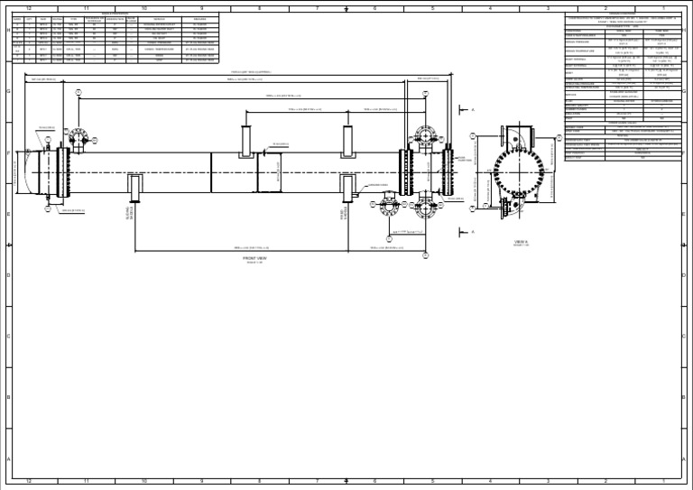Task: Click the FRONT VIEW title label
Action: point(255,257)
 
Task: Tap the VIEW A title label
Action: point(522,241)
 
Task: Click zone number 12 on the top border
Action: point(29,8)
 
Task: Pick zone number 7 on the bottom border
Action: point(318,481)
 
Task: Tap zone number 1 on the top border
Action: point(663,8)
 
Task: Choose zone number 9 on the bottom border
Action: point(202,481)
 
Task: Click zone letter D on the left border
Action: point(8,274)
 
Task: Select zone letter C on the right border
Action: point(685,336)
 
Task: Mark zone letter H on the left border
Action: point(8,30)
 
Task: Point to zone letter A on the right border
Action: point(685,458)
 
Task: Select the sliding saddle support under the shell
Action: point(135,188)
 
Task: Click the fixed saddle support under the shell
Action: point(347,188)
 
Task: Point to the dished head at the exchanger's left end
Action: point(34,170)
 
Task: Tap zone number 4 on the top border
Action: point(490,8)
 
